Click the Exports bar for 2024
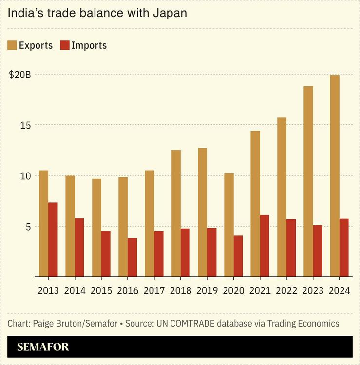pyautogui.click(x=335, y=176)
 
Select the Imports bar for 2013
pyautogui.click(x=53, y=239)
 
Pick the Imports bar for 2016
pyautogui.click(x=132, y=257)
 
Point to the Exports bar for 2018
pyautogui.click(x=176, y=213)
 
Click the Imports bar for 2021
pyautogui.click(x=265, y=246)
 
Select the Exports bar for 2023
pyautogui.click(x=308, y=181)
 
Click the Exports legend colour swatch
pyautogui.click(x=12, y=45)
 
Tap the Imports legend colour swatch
pyautogui.click(x=64, y=45)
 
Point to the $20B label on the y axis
pyautogui.click(x=20, y=75)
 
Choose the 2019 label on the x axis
pyautogui.click(x=207, y=291)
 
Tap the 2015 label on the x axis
pyautogui.click(x=101, y=291)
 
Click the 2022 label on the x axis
pyautogui.click(x=286, y=291)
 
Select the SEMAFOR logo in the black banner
pyautogui.click(x=43, y=347)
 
